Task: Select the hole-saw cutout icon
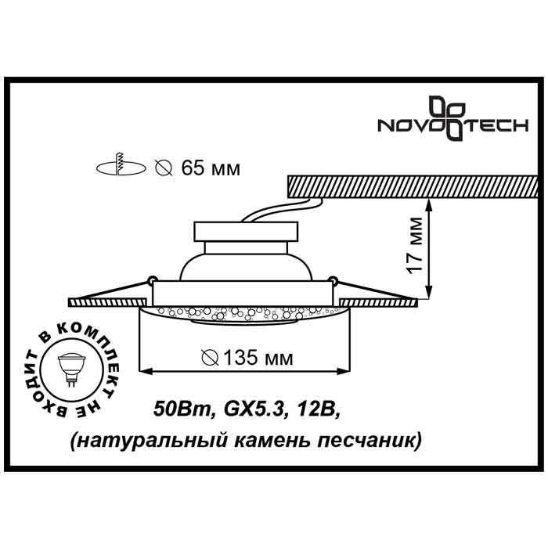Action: tap(121, 166)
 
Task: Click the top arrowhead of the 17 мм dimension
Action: tap(430, 203)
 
